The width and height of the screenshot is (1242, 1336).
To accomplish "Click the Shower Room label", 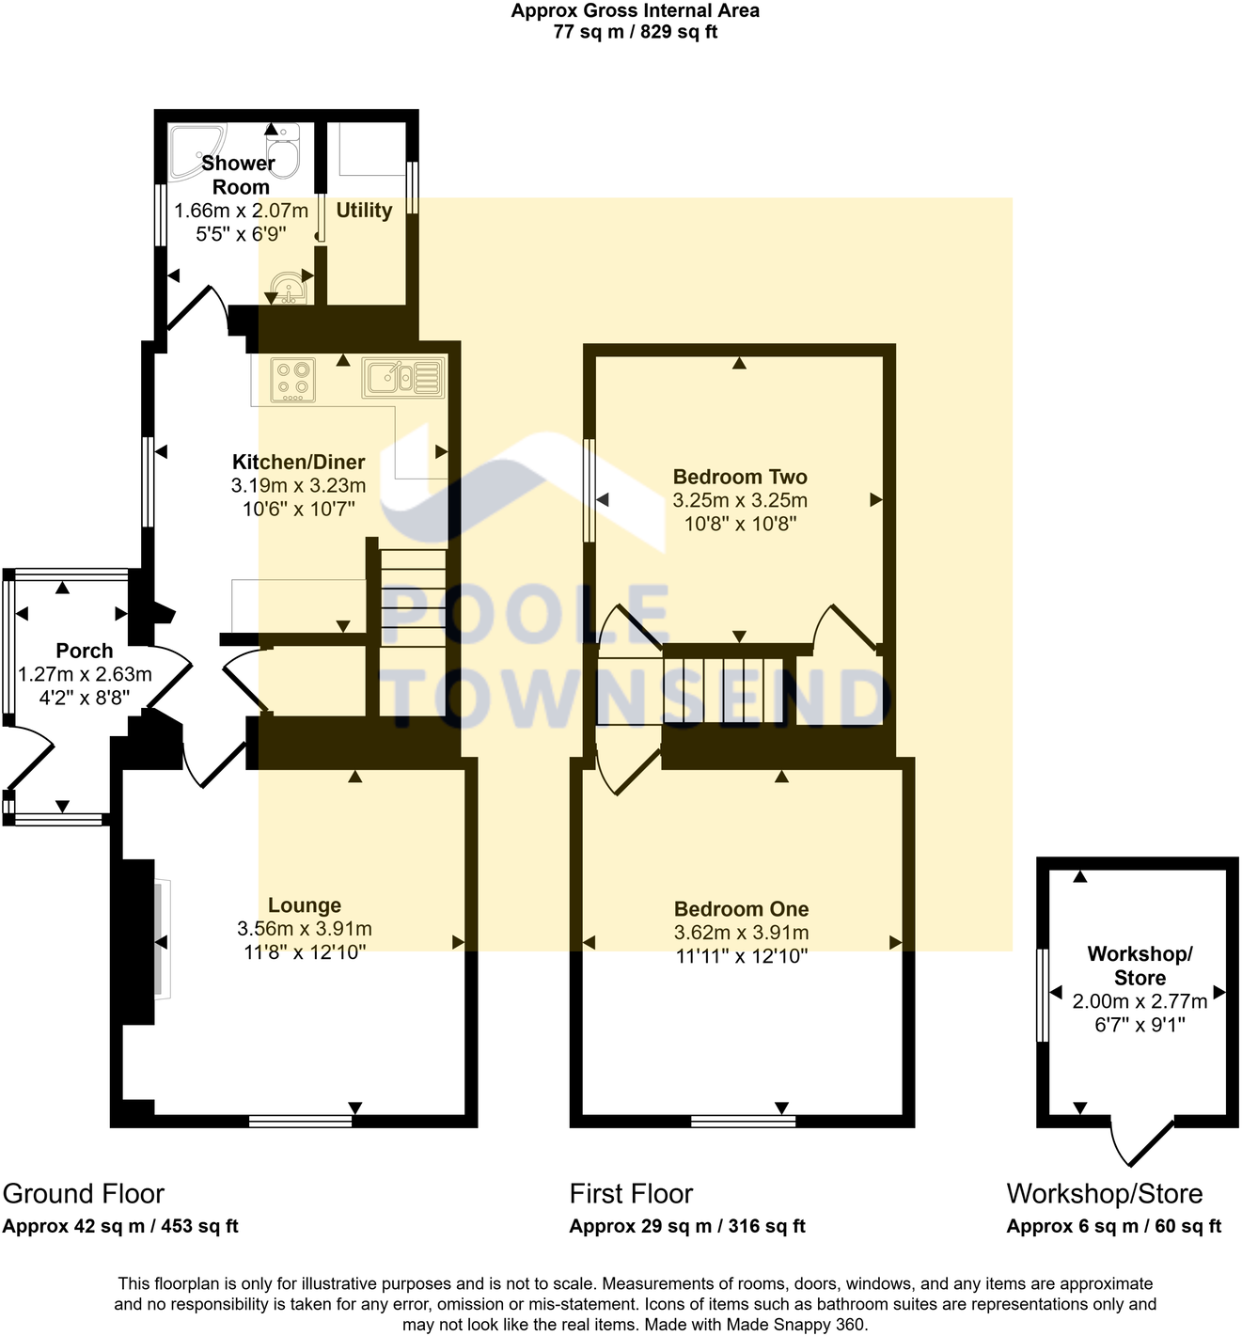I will (239, 175).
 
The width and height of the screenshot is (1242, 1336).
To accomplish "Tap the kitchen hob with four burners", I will (292, 379).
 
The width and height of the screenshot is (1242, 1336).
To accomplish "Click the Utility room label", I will (364, 211).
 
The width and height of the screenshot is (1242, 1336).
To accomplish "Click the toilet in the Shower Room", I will (282, 150).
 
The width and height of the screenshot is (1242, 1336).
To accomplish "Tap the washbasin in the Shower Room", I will (285, 287).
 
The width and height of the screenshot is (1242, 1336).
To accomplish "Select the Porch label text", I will (85, 651).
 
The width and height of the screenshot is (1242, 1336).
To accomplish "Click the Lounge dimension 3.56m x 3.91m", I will (305, 929).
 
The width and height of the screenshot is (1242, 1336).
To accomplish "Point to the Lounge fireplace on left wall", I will (141, 941).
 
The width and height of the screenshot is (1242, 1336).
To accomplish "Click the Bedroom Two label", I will (740, 477).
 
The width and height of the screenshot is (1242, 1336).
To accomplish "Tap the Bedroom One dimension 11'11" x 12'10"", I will (741, 956).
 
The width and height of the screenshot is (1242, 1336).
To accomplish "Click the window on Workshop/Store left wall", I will (1042, 995).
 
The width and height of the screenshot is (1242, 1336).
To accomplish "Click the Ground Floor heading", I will (84, 1194).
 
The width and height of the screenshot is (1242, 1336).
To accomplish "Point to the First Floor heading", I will (631, 1194).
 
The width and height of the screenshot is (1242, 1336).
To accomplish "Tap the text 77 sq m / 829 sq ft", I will (636, 32).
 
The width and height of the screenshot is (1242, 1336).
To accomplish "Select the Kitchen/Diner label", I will (298, 462).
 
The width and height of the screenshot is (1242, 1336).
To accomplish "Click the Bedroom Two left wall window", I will (589, 490).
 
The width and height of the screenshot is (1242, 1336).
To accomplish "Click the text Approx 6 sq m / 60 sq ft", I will (1113, 1226).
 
